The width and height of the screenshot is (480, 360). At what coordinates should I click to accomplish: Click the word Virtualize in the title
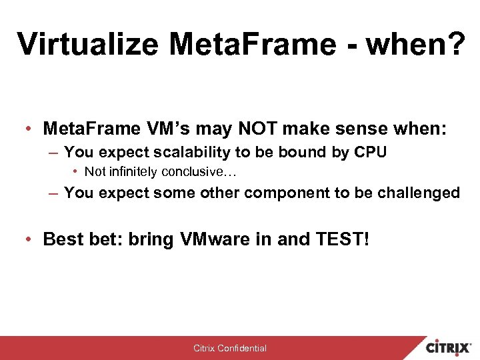click(88, 44)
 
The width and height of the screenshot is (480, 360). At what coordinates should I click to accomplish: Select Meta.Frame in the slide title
click(254, 44)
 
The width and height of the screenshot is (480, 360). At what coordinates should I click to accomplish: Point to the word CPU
click(370, 152)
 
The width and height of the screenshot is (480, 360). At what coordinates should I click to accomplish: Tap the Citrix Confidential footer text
click(230, 348)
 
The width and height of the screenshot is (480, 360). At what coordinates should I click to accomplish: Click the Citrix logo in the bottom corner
click(449, 347)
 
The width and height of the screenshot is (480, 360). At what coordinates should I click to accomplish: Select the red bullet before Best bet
click(31, 239)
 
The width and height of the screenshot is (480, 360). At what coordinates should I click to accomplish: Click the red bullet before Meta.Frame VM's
click(31, 128)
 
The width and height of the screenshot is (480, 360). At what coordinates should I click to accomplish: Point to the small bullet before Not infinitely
click(77, 172)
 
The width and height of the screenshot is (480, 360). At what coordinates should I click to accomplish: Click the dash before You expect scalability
click(53, 153)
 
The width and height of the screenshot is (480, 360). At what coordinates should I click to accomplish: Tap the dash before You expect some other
click(53, 193)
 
